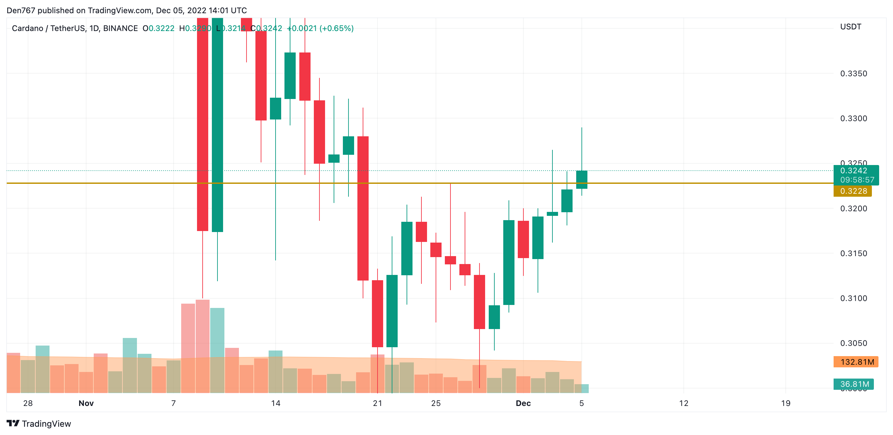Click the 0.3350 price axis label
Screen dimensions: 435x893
click(x=853, y=74)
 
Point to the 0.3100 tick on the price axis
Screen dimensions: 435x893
click(x=853, y=298)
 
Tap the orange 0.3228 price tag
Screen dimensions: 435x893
click(x=852, y=191)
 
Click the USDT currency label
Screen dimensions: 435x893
click(x=850, y=27)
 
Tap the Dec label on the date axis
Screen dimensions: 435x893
click(x=523, y=403)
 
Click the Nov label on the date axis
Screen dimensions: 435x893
click(x=86, y=403)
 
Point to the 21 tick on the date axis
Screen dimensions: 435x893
click(x=377, y=403)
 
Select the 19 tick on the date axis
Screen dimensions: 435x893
click(x=785, y=403)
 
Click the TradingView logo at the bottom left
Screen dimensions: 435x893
click(x=39, y=423)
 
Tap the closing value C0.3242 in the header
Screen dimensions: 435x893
click(x=266, y=28)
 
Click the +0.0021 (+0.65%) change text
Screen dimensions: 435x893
click(x=320, y=28)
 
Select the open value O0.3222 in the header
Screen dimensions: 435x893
click(x=158, y=28)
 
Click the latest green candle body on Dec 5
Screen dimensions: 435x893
click(x=581, y=180)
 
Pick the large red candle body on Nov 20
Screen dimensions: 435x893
click(x=363, y=208)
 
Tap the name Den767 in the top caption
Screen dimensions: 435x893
click(x=21, y=11)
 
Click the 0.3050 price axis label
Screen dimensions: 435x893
click(x=853, y=343)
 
